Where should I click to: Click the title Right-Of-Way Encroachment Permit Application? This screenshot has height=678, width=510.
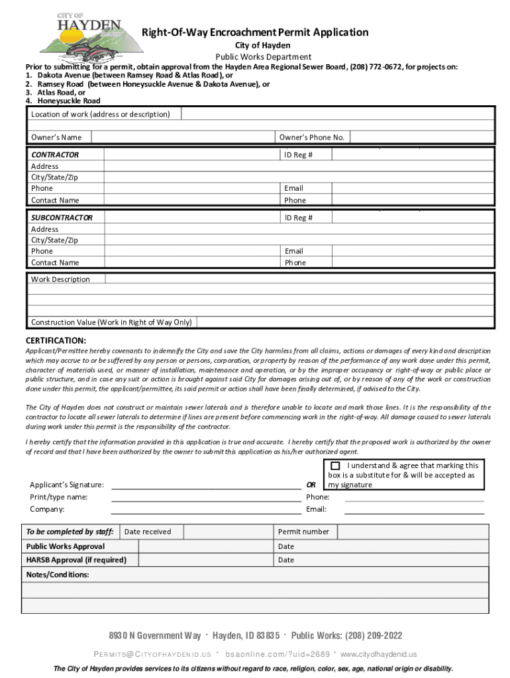pyautogui.click(x=256, y=32)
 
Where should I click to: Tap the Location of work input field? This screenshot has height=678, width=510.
pyautogui.click(x=338, y=115)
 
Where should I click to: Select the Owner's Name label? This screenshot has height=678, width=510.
pyautogui.click(x=56, y=137)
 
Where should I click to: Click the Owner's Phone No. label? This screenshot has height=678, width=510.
pyautogui.click(x=311, y=137)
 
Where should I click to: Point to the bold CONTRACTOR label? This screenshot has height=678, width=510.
pyautogui.click(x=55, y=155)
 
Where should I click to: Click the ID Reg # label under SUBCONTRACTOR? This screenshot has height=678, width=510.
pyautogui.click(x=299, y=218)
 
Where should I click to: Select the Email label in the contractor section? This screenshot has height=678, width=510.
pyautogui.click(x=293, y=189)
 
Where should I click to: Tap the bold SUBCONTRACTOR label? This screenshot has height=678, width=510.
pyautogui.click(x=62, y=218)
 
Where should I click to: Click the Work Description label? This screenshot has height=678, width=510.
pyautogui.click(x=60, y=279)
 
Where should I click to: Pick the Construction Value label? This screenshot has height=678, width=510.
pyautogui.click(x=111, y=322)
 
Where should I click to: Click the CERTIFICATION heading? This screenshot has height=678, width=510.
pyautogui.click(x=56, y=340)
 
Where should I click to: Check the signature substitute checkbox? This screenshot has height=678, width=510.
pyautogui.click(x=335, y=466)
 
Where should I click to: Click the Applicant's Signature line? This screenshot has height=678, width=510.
pyautogui.click(x=205, y=485)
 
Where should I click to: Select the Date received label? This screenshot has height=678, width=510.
pyautogui.click(x=148, y=532)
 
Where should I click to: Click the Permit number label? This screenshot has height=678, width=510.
pyautogui.click(x=303, y=532)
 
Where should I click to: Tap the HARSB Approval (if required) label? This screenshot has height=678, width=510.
pyautogui.click(x=76, y=560)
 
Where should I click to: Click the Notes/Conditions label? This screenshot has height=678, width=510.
pyautogui.click(x=58, y=575)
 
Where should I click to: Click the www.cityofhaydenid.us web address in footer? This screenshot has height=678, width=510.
pyautogui.click(x=378, y=654)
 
